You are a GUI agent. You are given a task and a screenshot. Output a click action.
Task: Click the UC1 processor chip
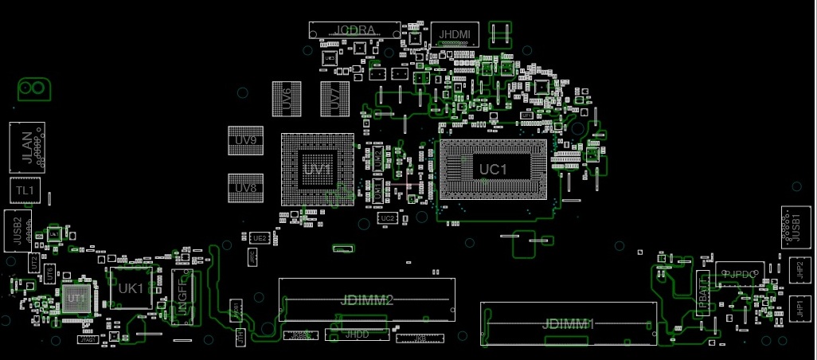493,169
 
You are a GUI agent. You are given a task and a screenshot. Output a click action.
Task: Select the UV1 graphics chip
317,170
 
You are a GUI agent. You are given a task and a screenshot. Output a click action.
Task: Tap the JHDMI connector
455,33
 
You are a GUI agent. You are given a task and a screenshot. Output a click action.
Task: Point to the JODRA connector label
354,30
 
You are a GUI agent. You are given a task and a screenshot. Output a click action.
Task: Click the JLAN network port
27,147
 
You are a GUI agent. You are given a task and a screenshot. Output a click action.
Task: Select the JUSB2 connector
17,231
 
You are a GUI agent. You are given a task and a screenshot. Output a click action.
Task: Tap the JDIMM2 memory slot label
366,300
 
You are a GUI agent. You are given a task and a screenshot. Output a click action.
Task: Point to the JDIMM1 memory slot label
568,324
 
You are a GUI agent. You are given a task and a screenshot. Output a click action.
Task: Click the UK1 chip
131,288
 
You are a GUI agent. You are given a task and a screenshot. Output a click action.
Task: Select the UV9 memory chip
245,141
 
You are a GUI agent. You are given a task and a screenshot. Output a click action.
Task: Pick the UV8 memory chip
245,188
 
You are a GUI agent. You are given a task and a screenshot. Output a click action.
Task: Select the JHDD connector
357,335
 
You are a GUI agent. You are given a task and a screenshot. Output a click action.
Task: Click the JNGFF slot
180,296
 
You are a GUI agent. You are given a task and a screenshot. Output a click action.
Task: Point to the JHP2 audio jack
799,269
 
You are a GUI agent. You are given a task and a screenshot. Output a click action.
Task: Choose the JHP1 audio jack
799,307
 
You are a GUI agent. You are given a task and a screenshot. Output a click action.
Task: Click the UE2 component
259,238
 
